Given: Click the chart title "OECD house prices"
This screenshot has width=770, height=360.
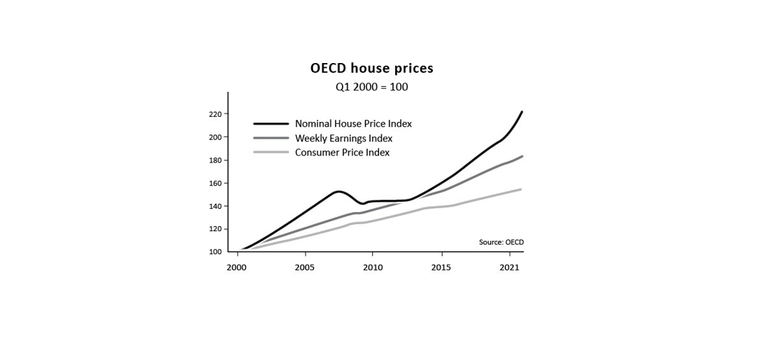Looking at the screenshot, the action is (x=372, y=68).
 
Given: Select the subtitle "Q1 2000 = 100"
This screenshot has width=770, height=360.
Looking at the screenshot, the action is (x=371, y=88).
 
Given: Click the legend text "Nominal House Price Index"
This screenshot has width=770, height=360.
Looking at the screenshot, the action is (x=354, y=124).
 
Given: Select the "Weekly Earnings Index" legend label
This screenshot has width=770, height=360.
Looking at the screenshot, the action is (x=344, y=138).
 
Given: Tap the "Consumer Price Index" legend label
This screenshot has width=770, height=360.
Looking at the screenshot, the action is (x=343, y=152).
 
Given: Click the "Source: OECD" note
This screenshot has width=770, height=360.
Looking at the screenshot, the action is (x=498, y=242).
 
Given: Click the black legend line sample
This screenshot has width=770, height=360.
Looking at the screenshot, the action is (x=270, y=124).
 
